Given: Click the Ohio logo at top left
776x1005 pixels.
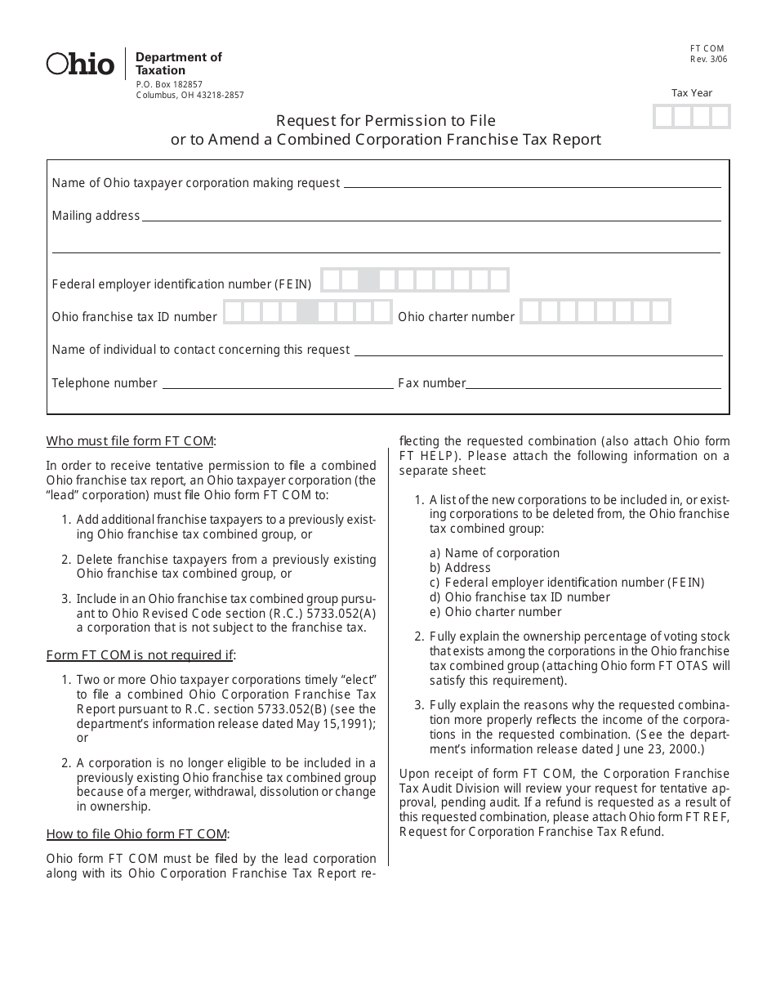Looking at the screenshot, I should pyautogui.click(x=80, y=64).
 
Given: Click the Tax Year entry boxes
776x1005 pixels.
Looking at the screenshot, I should pyautogui.click(x=691, y=117).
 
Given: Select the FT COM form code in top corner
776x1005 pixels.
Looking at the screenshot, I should pyautogui.click(x=707, y=49).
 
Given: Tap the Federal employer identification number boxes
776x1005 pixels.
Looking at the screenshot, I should pyautogui.click(x=414, y=280).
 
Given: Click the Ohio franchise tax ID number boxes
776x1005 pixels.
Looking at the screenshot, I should pyautogui.click(x=308, y=312).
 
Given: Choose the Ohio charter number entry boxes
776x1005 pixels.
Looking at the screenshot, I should pyautogui.click(x=595, y=311).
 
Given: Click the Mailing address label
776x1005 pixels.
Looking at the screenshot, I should pyautogui.click(x=96, y=217).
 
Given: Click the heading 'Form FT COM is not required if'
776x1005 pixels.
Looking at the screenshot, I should pyautogui.click(x=140, y=655).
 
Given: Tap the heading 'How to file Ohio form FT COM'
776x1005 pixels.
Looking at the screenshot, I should pyautogui.click(x=137, y=834).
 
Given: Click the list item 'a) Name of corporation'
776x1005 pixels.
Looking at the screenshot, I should pyautogui.click(x=494, y=553).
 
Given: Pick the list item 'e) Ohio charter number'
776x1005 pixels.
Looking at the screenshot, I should pyautogui.click(x=495, y=612).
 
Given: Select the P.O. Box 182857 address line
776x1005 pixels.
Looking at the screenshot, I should pyautogui.click(x=169, y=84).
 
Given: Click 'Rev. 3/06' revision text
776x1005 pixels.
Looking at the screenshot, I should pyautogui.click(x=708, y=60).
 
